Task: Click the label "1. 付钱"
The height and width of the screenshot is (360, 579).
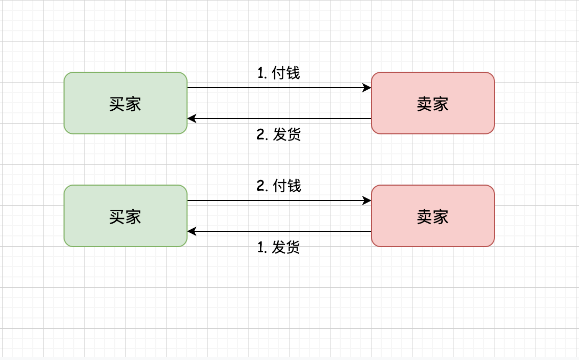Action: (x=278, y=73)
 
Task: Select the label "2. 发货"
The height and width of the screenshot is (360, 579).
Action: (x=278, y=134)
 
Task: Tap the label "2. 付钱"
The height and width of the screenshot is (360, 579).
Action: (x=278, y=186)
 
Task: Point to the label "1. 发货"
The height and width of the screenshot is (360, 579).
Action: (x=278, y=247)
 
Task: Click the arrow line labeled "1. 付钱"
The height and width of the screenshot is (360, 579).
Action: (x=279, y=88)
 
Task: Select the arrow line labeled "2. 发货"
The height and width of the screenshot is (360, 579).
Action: (x=279, y=118)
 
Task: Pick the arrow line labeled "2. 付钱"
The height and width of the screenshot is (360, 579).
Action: (x=279, y=201)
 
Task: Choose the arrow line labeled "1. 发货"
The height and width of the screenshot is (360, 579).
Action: (x=279, y=231)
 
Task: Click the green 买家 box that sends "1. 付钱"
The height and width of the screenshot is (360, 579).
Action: (x=126, y=103)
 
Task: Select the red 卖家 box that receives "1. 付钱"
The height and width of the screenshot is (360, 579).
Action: (x=433, y=103)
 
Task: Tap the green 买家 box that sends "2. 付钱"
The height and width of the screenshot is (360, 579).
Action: (x=126, y=216)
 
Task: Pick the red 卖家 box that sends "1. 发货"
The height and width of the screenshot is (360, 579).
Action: (x=433, y=216)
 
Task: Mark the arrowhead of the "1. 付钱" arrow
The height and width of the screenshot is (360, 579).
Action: (x=367, y=88)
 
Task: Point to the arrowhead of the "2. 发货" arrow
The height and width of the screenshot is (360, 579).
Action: (x=192, y=118)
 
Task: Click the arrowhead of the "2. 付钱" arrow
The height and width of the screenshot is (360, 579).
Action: (x=367, y=201)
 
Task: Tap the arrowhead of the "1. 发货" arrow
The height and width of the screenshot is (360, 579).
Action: (x=192, y=231)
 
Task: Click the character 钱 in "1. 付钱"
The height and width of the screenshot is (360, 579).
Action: (x=293, y=73)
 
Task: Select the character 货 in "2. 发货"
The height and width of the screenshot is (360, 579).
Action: (x=294, y=134)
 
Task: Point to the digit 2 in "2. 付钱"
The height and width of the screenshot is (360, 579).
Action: (x=260, y=186)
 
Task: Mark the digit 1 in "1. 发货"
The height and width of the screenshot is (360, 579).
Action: (x=260, y=247)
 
